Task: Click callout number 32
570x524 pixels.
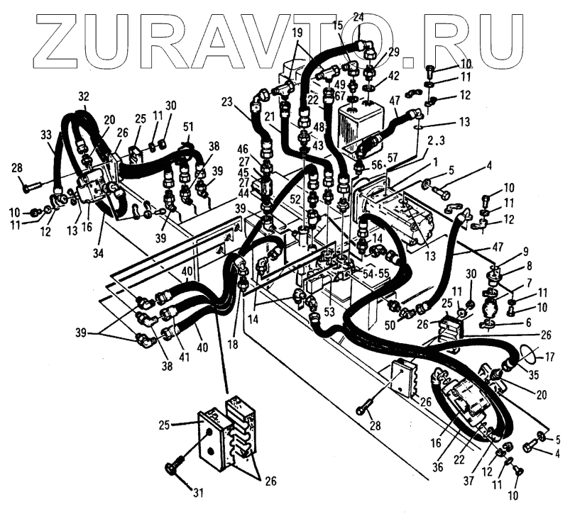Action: [x=84, y=96]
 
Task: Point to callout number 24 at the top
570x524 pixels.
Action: [x=358, y=17]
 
